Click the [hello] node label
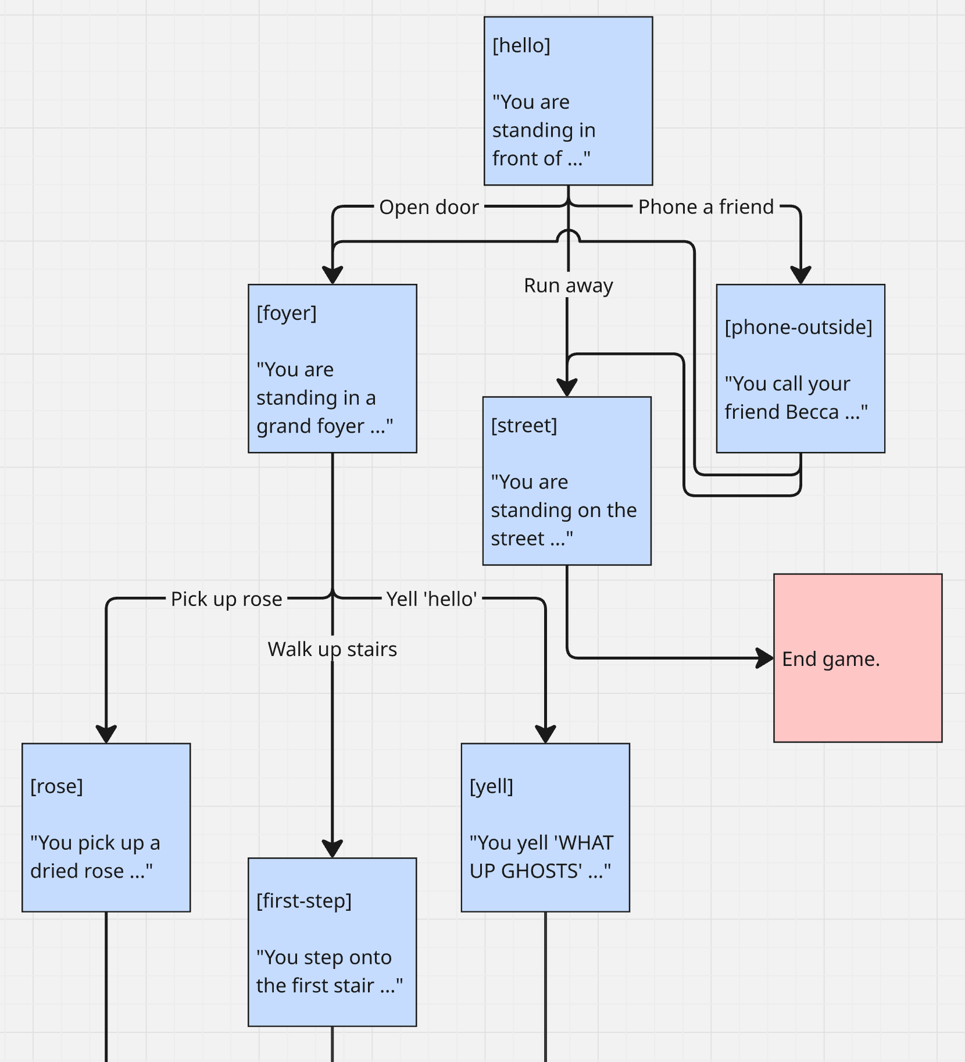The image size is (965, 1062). click(x=521, y=45)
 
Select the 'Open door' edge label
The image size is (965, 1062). click(x=429, y=207)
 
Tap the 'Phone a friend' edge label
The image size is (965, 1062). click(x=706, y=206)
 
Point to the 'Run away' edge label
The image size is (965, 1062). click(x=568, y=285)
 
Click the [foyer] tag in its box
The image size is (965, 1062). click(x=287, y=313)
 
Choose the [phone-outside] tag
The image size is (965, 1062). click(x=798, y=327)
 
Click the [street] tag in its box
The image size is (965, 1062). click(x=524, y=425)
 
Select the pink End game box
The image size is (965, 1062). click(x=857, y=658)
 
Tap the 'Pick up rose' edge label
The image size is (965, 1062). click(x=226, y=598)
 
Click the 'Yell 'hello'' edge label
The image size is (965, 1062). click(x=432, y=598)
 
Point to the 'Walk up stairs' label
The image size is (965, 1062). click(x=332, y=648)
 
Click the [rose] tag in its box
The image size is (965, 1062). click(x=56, y=786)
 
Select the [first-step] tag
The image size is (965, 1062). click(x=304, y=900)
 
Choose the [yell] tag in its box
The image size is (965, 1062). click(x=491, y=786)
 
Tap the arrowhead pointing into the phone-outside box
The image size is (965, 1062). click(x=800, y=275)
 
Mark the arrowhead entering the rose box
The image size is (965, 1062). click(x=106, y=734)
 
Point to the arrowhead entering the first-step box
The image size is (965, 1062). click(x=332, y=849)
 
